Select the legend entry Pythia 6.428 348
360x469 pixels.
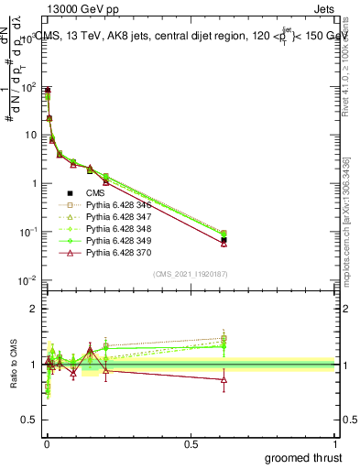pos(119,235)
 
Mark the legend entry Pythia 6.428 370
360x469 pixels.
pos(119,264)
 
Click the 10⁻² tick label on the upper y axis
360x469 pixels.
pos(27,280)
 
